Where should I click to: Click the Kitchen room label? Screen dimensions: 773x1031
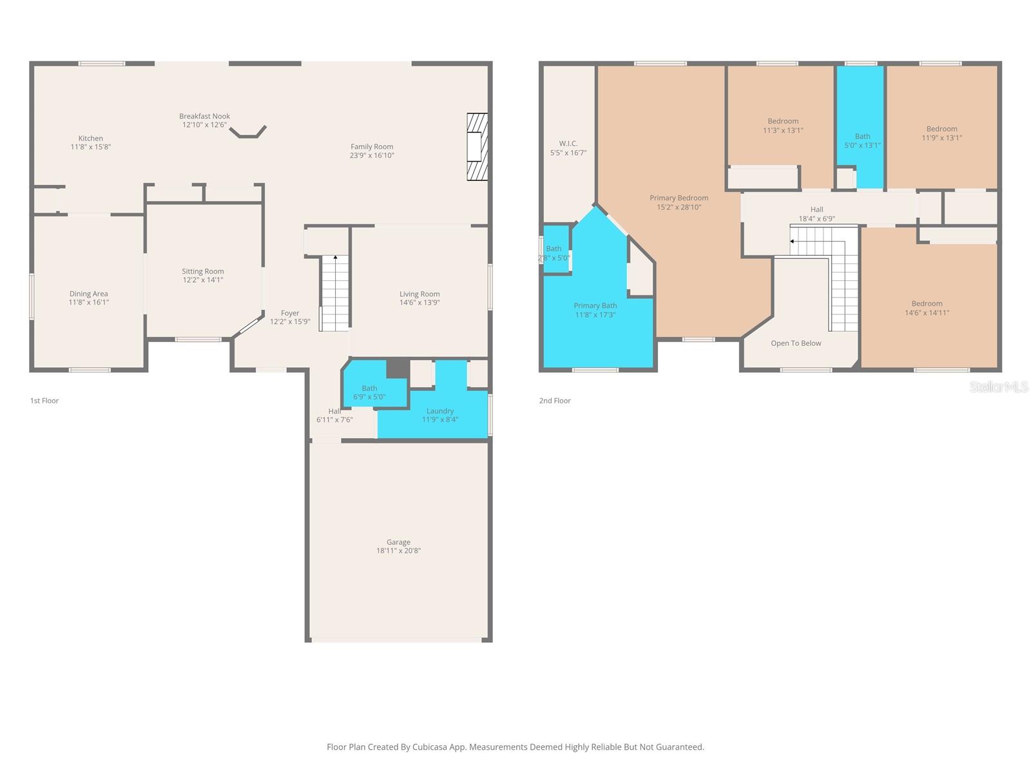pyautogui.click(x=91, y=138)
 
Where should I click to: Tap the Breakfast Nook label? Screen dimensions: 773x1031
pyautogui.click(x=204, y=117)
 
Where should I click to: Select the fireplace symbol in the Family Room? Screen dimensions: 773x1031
pyautogui.click(x=477, y=147)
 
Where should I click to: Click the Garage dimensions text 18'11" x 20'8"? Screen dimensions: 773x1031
pyautogui.click(x=398, y=551)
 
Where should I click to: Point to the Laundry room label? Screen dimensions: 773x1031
pyautogui.click(x=440, y=411)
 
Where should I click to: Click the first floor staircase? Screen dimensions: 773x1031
pyautogui.click(x=335, y=293)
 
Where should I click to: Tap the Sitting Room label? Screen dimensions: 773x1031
pyautogui.click(x=202, y=272)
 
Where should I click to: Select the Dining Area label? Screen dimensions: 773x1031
pyautogui.click(x=89, y=294)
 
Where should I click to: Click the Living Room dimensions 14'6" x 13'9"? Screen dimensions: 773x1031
pyautogui.click(x=419, y=303)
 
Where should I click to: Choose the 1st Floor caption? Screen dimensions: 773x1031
pyautogui.click(x=44, y=401)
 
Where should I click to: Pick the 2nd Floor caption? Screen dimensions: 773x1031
pyautogui.click(x=555, y=401)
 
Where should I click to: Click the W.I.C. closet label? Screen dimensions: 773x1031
pyautogui.click(x=568, y=144)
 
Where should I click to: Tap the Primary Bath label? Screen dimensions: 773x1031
pyautogui.click(x=595, y=306)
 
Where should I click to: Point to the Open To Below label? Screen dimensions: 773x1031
pyautogui.click(x=796, y=343)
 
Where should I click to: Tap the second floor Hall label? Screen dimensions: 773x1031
pyautogui.click(x=816, y=209)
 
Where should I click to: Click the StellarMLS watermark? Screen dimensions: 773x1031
pyautogui.click(x=999, y=386)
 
